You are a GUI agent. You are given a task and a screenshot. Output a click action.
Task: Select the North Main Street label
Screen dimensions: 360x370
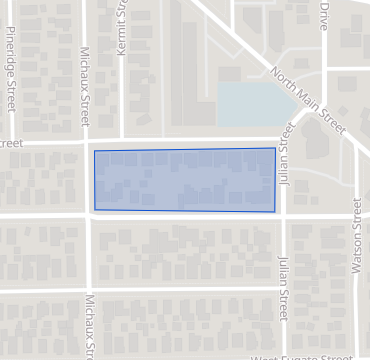point(308,102)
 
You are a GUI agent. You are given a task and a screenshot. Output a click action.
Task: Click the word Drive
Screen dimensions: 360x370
point(323,17)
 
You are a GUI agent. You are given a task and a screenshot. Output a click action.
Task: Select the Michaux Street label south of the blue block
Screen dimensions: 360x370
point(90,322)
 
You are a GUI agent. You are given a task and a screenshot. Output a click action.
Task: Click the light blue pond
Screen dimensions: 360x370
point(255,103)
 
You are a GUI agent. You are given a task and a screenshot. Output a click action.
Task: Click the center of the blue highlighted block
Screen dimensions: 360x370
point(184,180)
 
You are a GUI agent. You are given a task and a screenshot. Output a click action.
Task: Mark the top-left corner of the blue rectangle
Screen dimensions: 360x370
point(93,150)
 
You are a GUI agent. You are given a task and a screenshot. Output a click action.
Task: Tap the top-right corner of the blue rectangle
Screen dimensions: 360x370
point(275,149)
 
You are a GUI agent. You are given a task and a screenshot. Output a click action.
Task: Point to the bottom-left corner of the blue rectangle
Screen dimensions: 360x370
point(95,210)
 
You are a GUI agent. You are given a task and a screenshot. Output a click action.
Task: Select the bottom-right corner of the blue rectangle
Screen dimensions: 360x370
point(275,211)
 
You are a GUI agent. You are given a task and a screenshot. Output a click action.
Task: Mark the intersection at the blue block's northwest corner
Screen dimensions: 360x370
point(87,143)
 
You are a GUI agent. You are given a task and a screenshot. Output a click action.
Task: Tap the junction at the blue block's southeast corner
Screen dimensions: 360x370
point(283,215)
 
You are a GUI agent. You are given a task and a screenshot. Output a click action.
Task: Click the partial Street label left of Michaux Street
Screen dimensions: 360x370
point(11,144)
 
